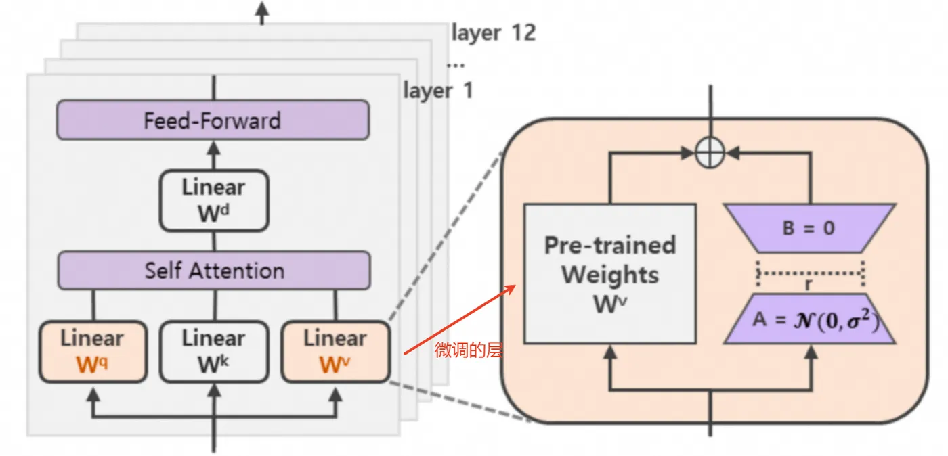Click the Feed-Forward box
point(213,120)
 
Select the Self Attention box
point(214,271)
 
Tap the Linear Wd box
point(214,200)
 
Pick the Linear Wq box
point(93,352)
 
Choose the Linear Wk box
point(214,352)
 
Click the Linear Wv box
point(335,352)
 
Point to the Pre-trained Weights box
point(610,273)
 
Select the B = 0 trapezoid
point(809,228)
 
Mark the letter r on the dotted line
point(809,285)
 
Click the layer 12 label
point(493,32)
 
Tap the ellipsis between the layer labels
point(456,64)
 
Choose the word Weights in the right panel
point(610,275)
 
